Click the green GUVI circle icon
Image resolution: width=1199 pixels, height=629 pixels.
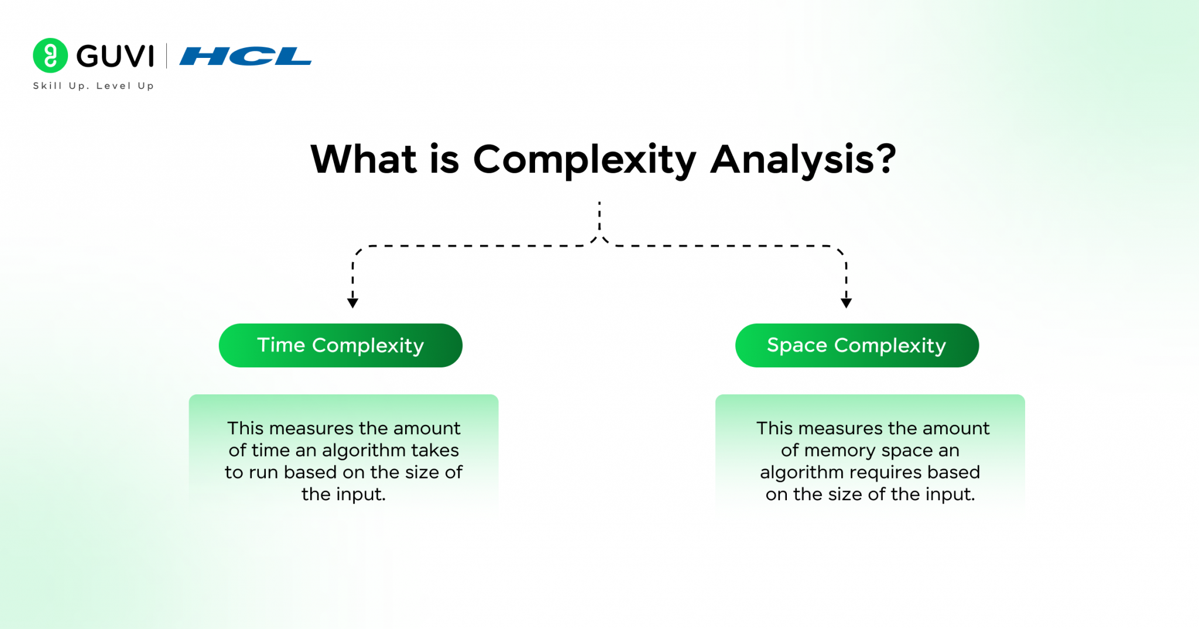tap(50, 56)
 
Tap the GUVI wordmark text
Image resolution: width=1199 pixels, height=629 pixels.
tap(115, 56)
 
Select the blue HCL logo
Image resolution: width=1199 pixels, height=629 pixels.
tap(245, 56)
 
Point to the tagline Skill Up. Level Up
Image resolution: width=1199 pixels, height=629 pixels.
tap(94, 86)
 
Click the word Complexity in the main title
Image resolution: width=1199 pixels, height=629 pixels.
tap(584, 160)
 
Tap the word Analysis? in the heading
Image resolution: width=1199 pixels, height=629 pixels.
tap(803, 160)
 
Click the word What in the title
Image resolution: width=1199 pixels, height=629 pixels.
tap(364, 160)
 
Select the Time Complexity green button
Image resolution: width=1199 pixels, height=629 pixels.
tap(340, 345)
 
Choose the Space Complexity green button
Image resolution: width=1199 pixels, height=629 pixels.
tap(857, 345)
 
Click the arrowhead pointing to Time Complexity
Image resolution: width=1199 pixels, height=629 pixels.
tap(352, 303)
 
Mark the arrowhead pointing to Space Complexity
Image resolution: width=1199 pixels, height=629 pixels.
tap(846, 303)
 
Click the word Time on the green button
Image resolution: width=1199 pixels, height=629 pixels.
tap(281, 345)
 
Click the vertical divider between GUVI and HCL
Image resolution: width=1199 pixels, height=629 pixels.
tap(167, 56)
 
